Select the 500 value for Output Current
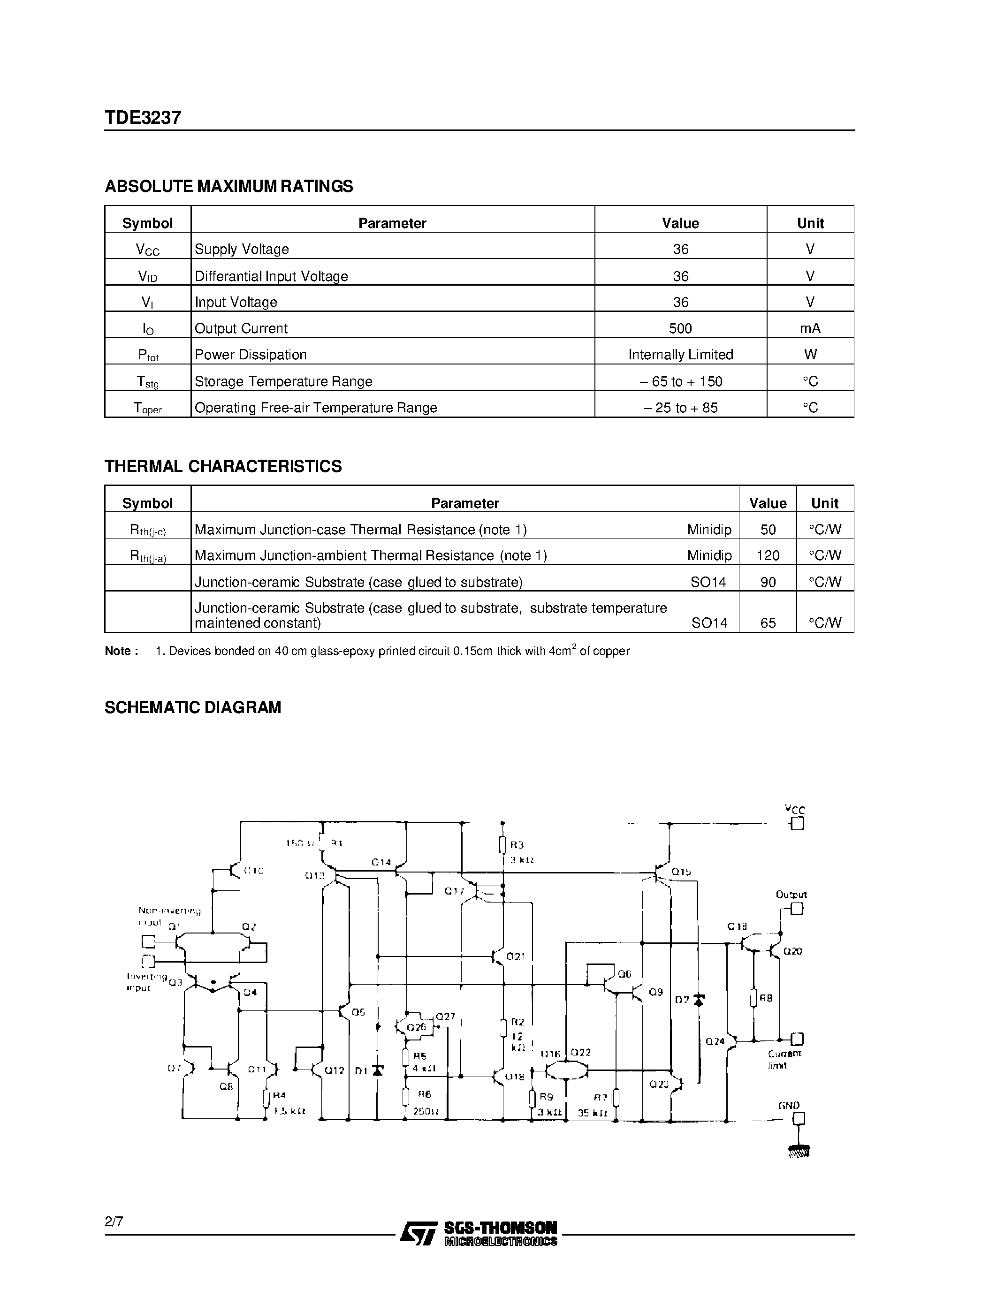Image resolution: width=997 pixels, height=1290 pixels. [680, 328]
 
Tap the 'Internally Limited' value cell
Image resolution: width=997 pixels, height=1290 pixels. [680, 354]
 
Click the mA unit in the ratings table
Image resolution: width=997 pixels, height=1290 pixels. [810, 328]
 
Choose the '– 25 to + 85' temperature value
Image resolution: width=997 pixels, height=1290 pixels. [680, 408]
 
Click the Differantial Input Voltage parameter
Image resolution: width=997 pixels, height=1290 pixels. [271, 276]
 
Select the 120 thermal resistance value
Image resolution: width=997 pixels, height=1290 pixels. [767, 556]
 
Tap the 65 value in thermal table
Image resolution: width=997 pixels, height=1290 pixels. [767, 622]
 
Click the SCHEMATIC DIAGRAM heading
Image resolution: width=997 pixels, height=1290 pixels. [192, 707]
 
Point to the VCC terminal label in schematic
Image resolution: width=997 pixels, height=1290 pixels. [794, 809]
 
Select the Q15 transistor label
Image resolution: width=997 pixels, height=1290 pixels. [681, 872]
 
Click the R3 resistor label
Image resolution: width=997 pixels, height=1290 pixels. [517, 845]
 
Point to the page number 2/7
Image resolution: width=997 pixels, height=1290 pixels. [114, 1222]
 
